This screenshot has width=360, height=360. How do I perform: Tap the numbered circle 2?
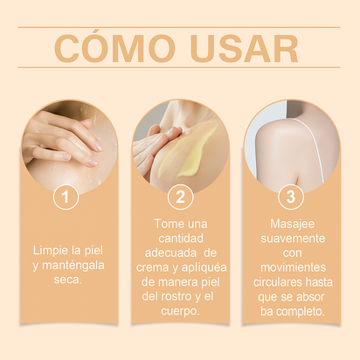point(180,197)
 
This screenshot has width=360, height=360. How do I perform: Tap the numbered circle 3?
point(291,197)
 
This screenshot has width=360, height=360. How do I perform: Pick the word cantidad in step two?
point(181,238)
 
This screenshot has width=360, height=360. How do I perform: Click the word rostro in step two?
point(179,298)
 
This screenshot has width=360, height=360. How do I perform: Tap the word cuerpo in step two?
point(180,313)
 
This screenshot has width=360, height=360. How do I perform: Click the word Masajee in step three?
point(291,222)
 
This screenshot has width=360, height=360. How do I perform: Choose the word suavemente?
point(291,237)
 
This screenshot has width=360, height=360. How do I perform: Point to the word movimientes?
point(291,267)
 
